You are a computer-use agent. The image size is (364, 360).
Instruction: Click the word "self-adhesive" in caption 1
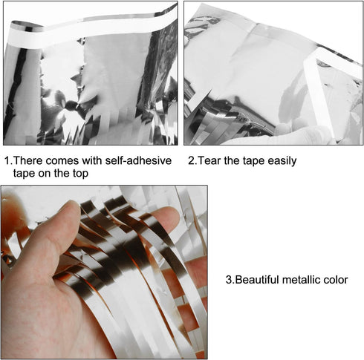point(138,160)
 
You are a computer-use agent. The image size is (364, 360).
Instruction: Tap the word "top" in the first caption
point(80,174)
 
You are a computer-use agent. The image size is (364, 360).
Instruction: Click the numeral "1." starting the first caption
point(8,160)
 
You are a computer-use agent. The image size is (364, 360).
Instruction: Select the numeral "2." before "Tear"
point(193,160)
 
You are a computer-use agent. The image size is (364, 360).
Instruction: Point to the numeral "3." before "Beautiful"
point(230,280)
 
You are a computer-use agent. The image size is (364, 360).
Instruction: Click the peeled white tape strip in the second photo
point(319,95)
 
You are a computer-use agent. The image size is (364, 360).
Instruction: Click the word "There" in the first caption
point(28,160)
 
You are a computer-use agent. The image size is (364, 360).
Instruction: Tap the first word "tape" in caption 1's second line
point(24,174)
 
